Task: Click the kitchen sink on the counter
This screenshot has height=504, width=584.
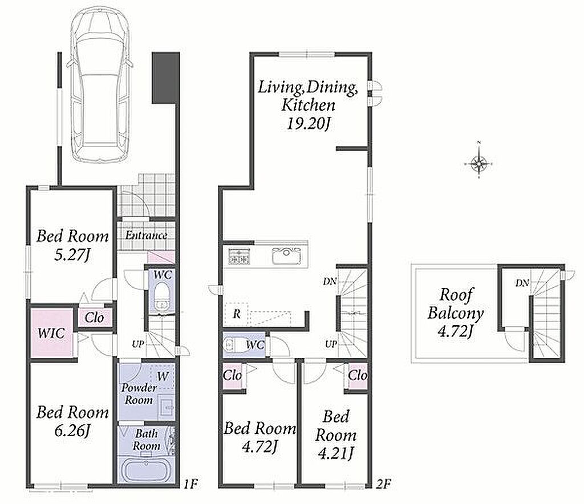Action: coord(286,256)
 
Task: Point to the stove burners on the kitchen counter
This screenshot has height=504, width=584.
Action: coord(239,256)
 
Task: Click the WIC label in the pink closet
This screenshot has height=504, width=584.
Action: coord(51,333)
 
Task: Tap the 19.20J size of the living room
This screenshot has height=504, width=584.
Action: coord(309,124)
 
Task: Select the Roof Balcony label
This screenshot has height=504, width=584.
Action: coord(455,304)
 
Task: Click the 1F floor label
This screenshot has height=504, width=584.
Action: coord(190,484)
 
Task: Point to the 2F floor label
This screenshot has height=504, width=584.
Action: coord(384,484)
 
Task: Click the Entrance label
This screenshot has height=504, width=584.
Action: coord(146,235)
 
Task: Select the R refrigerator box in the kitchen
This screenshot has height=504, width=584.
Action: coord(237,314)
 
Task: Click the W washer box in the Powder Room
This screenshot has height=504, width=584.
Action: coord(163,377)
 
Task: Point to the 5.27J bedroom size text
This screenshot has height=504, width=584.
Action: coord(72,256)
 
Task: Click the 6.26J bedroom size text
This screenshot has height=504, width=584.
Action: coord(72,432)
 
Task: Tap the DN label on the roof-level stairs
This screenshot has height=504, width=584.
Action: coord(522,283)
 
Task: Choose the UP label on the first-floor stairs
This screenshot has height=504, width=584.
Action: coord(138,344)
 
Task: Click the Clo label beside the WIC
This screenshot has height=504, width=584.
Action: coord(94,318)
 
